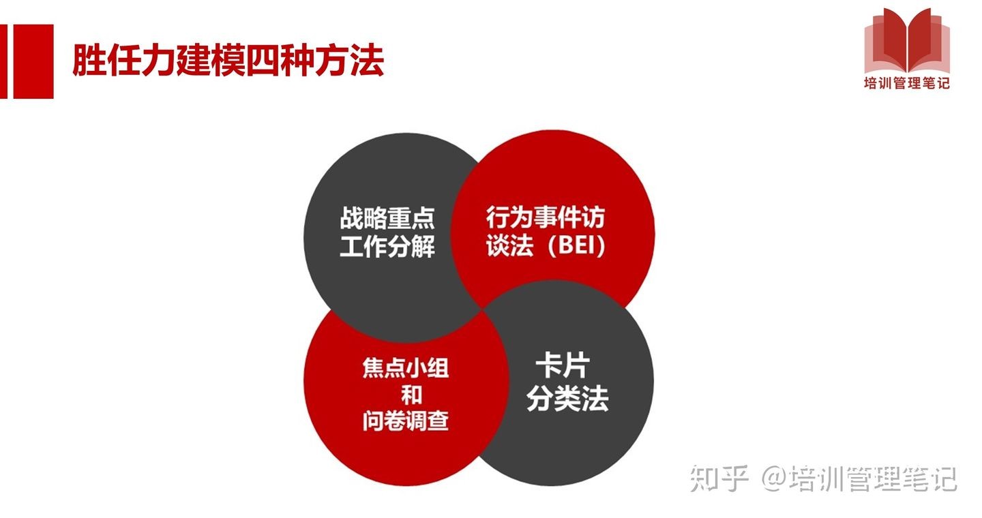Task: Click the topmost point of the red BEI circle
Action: pyautogui.click(x=553, y=130)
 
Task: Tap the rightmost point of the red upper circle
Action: pyautogui.click(x=655, y=232)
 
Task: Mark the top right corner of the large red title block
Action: pyautogui.click(x=53, y=25)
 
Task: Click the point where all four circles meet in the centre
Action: pyautogui.click(x=482, y=310)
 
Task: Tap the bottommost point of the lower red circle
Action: pyautogui.click(x=406, y=485)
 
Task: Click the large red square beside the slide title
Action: pyautogui.click(x=33, y=61)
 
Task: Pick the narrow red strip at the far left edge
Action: pyautogui.click(x=3, y=61)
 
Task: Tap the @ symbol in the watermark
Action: pyautogui.click(x=774, y=478)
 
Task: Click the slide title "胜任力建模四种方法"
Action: pyautogui.click(x=228, y=60)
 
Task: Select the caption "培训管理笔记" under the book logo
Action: pyautogui.click(x=906, y=83)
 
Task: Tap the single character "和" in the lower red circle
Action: pyautogui.click(x=411, y=395)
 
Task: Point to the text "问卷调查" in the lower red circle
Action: pyautogui.click(x=406, y=421)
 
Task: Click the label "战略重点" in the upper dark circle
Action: pyautogui.click(x=387, y=218)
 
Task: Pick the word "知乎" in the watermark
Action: pyautogui.click(x=719, y=478)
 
